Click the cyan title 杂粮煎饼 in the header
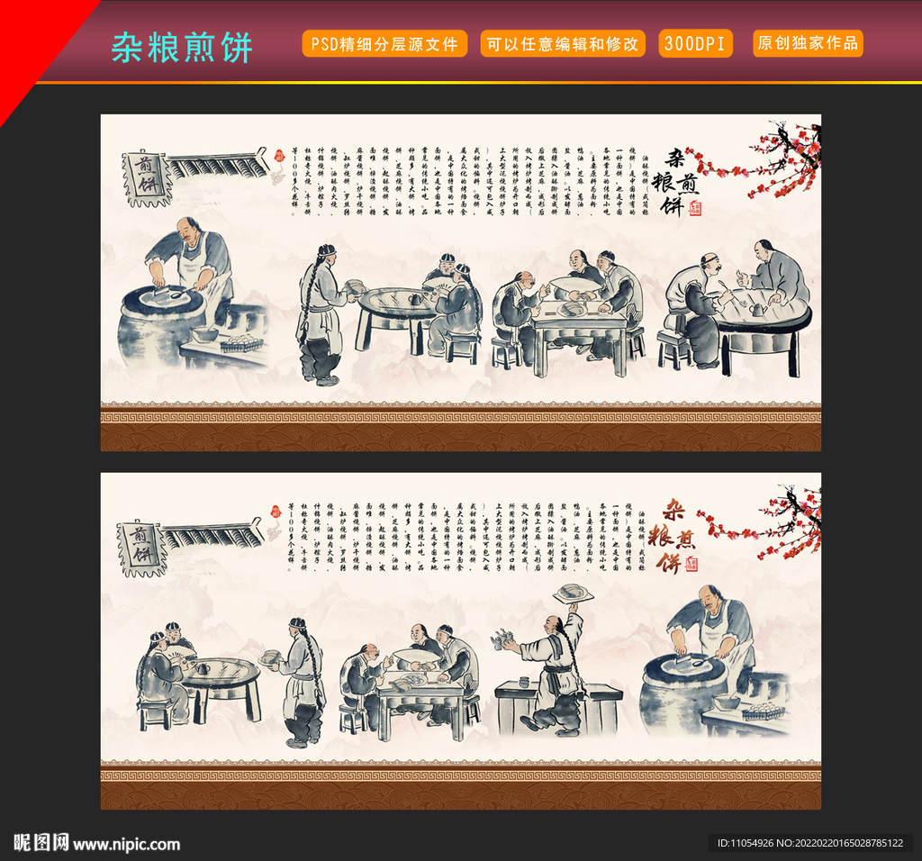[182, 47]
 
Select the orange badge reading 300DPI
[696, 43]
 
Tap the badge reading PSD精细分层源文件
[384, 43]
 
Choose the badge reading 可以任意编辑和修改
[563, 43]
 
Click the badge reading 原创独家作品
[808, 43]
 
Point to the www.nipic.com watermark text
[126, 844]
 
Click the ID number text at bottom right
[809, 844]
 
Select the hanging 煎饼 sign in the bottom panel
[142, 546]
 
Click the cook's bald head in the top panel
[188, 228]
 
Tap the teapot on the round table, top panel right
[758, 308]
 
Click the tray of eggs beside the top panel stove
[240, 343]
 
